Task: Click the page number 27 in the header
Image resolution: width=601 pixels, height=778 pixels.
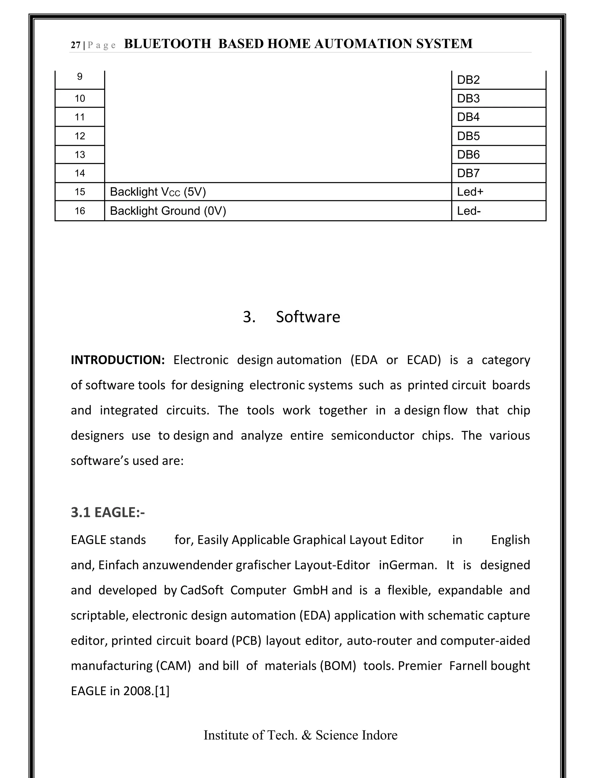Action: (75, 45)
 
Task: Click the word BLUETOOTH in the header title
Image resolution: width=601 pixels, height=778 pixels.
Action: (167, 44)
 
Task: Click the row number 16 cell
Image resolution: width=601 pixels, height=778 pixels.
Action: (80, 211)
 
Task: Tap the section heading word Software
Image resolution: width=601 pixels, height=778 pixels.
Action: (308, 317)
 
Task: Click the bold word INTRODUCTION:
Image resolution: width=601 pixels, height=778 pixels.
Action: (117, 360)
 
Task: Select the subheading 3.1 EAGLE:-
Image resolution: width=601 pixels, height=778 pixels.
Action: (107, 512)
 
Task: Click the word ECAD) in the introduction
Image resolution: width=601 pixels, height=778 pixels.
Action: (424, 360)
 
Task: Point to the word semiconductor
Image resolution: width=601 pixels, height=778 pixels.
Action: (372, 435)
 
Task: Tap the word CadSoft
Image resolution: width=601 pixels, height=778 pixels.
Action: (202, 590)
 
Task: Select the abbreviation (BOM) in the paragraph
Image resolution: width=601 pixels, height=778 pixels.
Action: (338, 666)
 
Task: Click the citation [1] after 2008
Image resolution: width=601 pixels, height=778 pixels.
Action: (162, 691)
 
